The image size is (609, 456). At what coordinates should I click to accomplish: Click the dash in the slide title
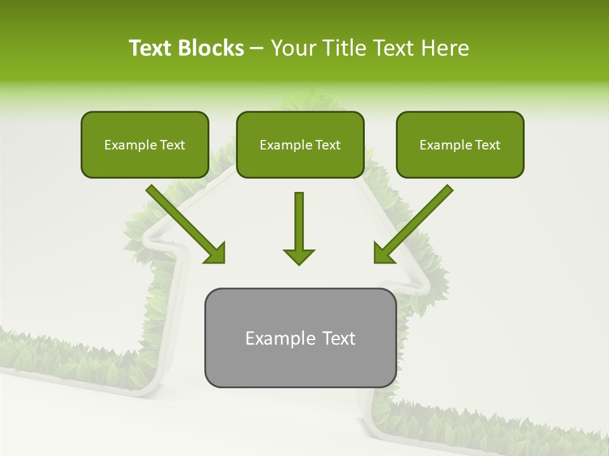pos(258,49)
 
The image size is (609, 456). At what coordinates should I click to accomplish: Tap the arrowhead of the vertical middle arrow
pos(299,256)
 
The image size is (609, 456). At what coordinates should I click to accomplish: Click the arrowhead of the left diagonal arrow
pos(216,253)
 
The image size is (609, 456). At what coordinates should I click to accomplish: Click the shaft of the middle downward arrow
pos(299,218)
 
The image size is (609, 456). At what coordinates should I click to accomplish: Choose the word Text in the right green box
pos(487,145)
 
